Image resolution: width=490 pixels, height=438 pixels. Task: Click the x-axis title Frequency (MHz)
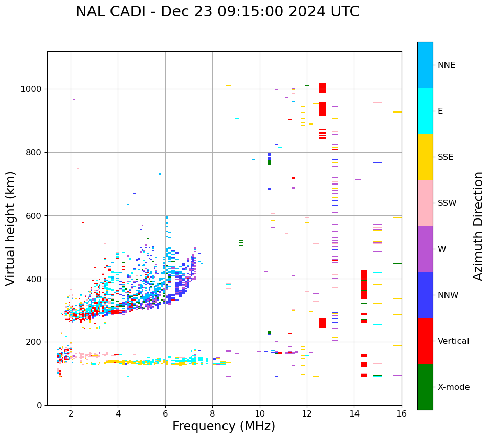point(224,426)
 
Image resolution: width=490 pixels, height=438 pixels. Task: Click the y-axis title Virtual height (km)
point(11,228)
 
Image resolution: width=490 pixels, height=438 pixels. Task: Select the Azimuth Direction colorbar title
point(478,226)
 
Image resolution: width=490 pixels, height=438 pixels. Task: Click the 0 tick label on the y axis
point(39,405)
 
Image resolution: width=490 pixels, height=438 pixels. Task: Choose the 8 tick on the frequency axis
point(212,413)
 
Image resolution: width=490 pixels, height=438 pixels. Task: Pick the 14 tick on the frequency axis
point(354,413)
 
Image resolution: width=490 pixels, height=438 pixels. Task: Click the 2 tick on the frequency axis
point(71,413)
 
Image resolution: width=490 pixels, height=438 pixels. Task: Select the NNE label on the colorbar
point(446,65)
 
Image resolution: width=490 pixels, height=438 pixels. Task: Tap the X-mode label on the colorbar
point(453,387)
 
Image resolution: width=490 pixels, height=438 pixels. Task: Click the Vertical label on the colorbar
point(453,341)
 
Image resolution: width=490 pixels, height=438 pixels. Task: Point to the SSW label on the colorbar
point(447,203)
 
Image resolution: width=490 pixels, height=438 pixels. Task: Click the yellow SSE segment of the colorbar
point(425,157)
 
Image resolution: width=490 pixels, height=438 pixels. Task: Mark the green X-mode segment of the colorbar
point(425,387)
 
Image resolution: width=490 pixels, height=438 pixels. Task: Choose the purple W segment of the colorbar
point(425,249)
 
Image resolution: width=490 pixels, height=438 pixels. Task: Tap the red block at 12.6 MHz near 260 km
point(322,323)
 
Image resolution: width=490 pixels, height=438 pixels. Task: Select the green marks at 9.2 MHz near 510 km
point(241,243)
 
